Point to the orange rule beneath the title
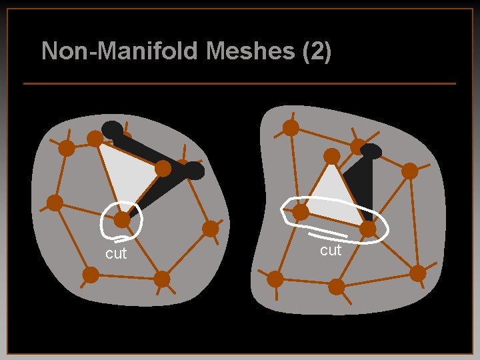(239, 83)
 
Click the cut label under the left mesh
(115, 254)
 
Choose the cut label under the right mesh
(330, 250)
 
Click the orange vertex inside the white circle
(122, 219)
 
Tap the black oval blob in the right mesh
(371, 152)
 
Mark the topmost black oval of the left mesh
(112, 129)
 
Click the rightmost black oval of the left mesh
(193, 171)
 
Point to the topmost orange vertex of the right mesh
(291, 127)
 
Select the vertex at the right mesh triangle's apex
(332, 156)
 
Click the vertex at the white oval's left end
(301, 212)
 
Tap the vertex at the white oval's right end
(367, 229)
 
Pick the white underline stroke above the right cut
(327, 235)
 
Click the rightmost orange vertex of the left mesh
(210, 229)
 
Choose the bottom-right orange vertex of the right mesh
(418, 273)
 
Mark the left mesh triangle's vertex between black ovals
(163, 169)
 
